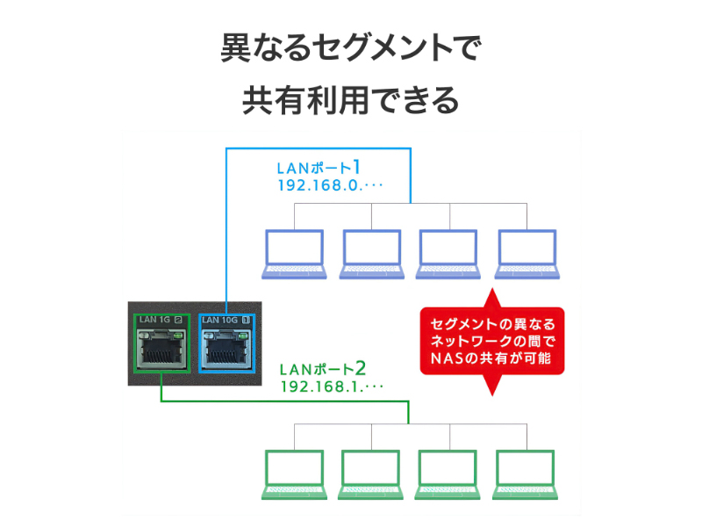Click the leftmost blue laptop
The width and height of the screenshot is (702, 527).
tap(295, 254)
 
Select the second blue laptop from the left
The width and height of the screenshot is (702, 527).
tap(371, 254)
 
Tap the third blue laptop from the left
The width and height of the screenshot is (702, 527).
tap(448, 254)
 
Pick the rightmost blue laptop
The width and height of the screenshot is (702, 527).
tap(526, 254)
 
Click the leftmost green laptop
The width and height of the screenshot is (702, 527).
tap(295, 474)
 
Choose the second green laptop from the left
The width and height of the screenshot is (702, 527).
tap(371, 474)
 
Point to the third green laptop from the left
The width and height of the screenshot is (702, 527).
tap(448, 474)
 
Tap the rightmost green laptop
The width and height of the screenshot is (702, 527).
tap(526, 474)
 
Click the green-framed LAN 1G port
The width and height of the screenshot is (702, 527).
tap(161, 348)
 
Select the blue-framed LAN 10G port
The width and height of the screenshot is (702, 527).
tap(227, 348)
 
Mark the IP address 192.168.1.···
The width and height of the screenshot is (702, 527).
tap(333, 386)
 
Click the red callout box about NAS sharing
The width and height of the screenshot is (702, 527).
tap(492, 339)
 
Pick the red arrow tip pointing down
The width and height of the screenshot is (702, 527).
tap(492, 386)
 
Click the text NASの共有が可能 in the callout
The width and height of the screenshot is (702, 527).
tap(492, 357)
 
